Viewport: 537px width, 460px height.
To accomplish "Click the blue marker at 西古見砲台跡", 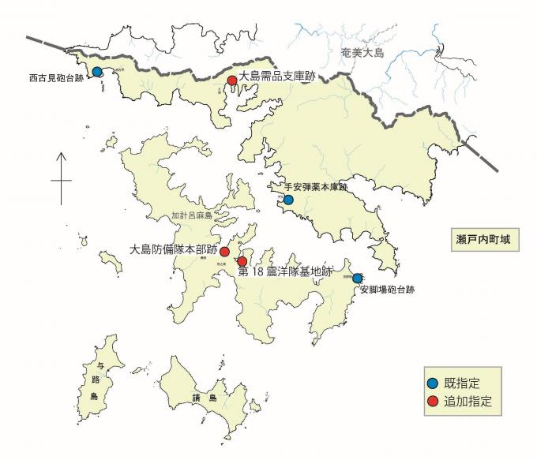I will pyautogui.click(x=97, y=72).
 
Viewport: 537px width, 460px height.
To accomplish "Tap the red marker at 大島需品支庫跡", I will pyautogui.click(x=232, y=80).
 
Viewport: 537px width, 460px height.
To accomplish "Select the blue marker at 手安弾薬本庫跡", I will pyautogui.click(x=288, y=200).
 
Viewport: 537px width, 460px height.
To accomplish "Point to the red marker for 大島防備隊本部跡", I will pyautogui.click(x=225, y=252).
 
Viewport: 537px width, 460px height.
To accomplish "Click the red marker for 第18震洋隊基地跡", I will pyautogui.click(x=242, y=262).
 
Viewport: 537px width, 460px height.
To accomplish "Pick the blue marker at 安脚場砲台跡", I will pyautogui.click(x=357, y=279).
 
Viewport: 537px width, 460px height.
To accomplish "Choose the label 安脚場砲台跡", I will pyautogui.click(x=387, y=290).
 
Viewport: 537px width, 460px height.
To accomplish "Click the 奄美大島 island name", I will pyautogui.click(x=362, y=53).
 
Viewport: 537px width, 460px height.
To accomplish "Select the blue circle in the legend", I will pyautogui.click(x=432, y=383).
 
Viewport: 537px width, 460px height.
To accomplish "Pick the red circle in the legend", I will pyautogui.click(x=432, y=401).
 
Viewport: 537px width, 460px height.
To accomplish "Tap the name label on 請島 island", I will pyautogui.click(x=201, y=398).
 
